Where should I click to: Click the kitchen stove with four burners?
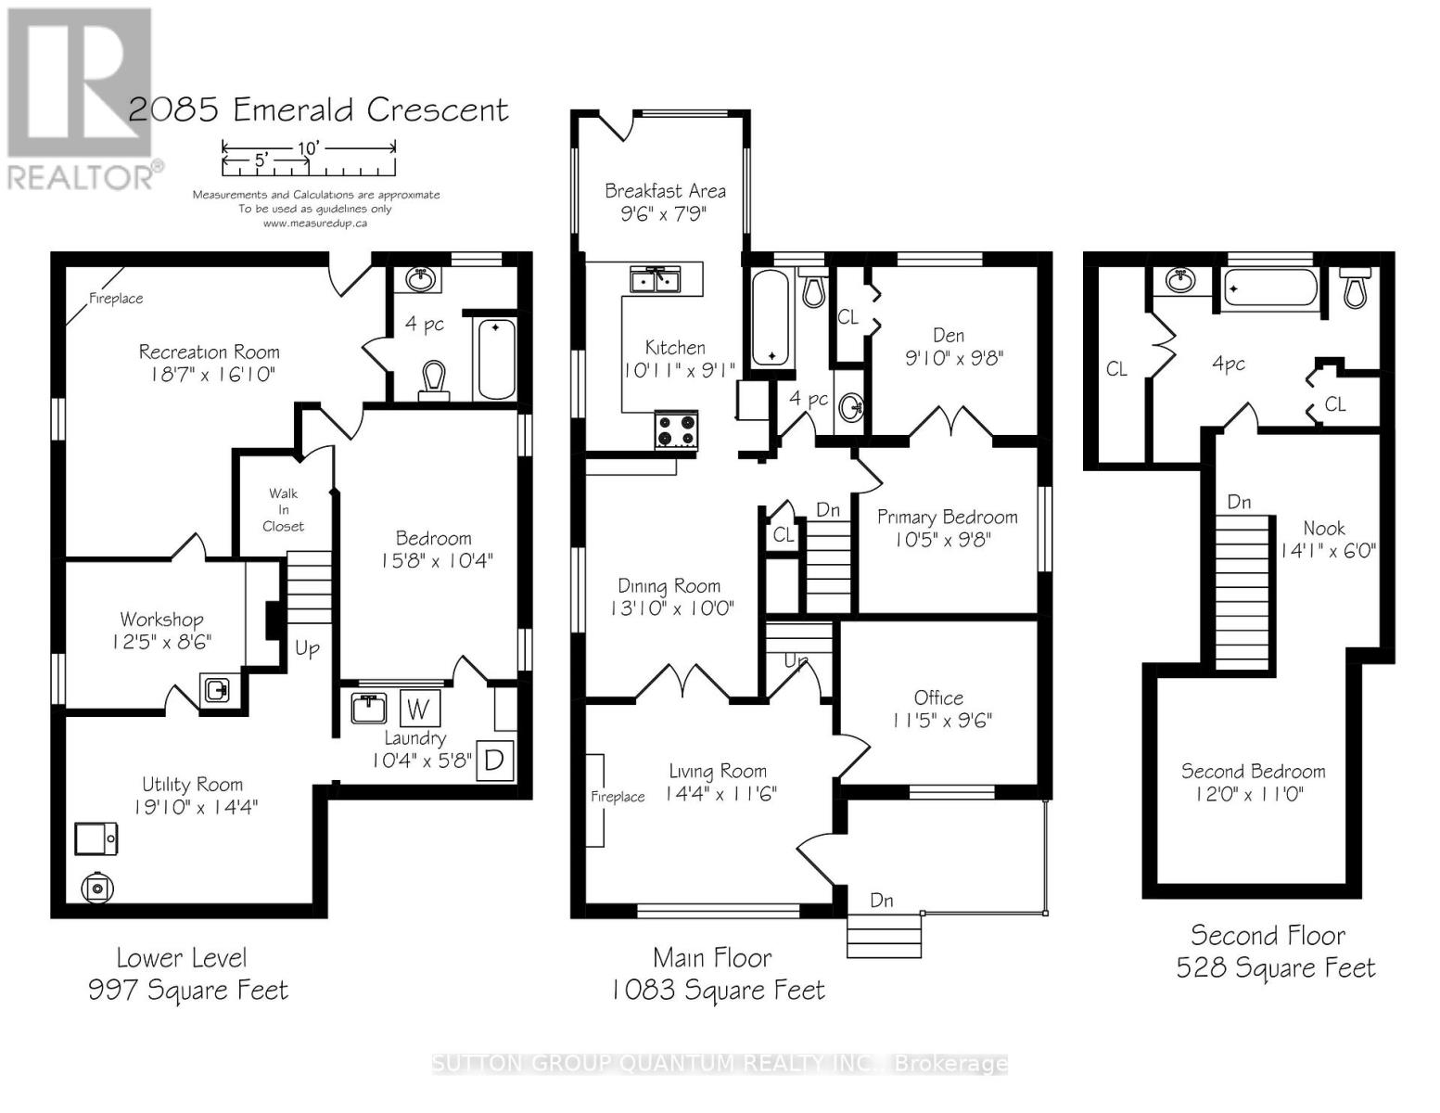coord(676,430)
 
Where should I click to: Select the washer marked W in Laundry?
coord(419,709)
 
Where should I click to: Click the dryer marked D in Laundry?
coord(494,760)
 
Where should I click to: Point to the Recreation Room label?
coord(210,352)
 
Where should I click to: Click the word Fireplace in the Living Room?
coord(618,796)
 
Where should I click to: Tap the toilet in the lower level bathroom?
coord(433,381)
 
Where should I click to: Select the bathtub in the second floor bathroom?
coord(1269,289)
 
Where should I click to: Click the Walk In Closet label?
coord(283,510)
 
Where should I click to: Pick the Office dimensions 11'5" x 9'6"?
coord(942,720)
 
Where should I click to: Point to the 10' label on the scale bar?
coord(308,147)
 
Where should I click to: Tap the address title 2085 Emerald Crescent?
coord(318,110)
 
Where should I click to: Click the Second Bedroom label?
coord(1253,771)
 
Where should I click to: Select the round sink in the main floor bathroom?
coord(851,406)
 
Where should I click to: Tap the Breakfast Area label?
coord(666,191)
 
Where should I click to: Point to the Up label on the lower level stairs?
coord(307,648)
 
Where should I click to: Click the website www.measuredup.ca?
coord(314,224)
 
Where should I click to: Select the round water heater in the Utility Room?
coord(97,889)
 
